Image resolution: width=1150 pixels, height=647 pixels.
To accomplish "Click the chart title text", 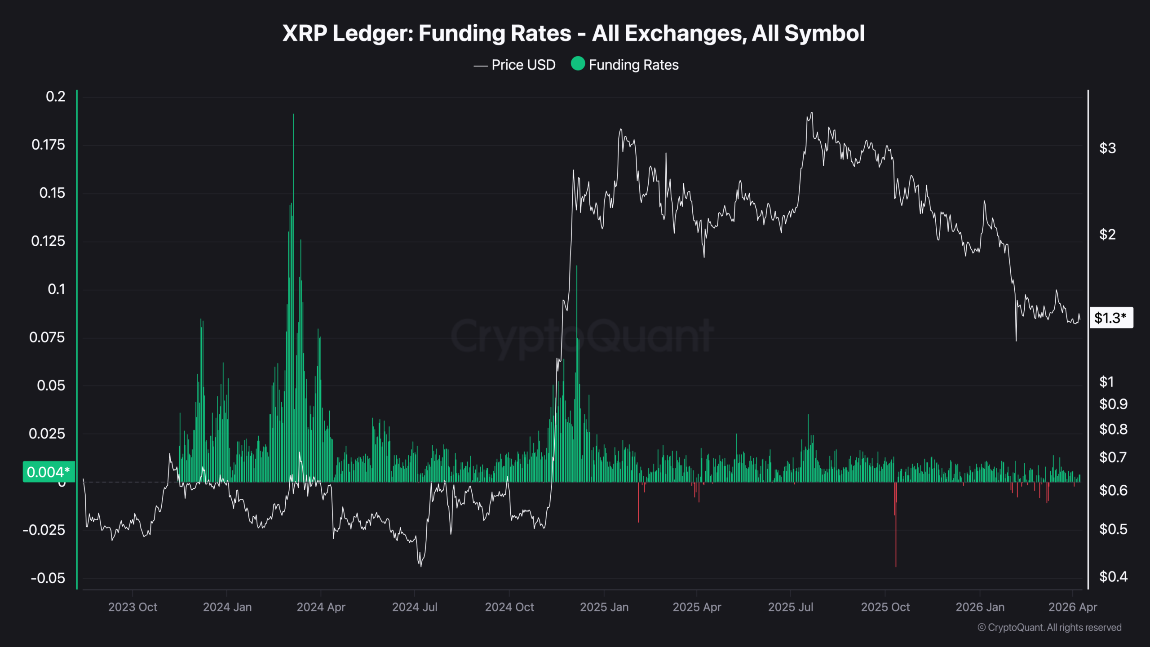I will [574, 33].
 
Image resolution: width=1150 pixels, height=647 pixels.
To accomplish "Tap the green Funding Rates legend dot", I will [578, 64].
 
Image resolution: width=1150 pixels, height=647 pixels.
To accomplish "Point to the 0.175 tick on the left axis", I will [48, 145].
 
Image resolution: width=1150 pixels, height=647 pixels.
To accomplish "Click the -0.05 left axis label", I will [48, 578].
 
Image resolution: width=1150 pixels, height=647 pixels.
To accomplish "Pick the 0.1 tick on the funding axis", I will [56, 289].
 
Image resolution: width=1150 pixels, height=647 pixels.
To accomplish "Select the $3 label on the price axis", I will [1107, 148].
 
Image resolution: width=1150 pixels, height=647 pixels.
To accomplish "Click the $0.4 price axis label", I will [1113, 576].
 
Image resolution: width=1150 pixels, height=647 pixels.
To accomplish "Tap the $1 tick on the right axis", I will [1106, 381].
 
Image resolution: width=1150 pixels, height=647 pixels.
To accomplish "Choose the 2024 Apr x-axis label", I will [321, 607].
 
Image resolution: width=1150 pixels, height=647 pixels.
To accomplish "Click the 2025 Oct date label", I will [885, 607].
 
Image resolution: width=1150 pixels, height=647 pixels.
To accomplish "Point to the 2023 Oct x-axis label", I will [133, 607].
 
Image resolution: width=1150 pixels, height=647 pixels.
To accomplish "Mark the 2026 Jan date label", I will [980, 607].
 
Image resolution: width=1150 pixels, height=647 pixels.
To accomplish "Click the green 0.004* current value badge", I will [49, 472].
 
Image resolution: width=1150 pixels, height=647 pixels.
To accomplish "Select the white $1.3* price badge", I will [1110, 318].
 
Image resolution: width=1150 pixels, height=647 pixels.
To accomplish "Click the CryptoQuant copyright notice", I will [1049, 627].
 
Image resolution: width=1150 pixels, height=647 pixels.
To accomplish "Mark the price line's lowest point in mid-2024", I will [421, 566].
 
